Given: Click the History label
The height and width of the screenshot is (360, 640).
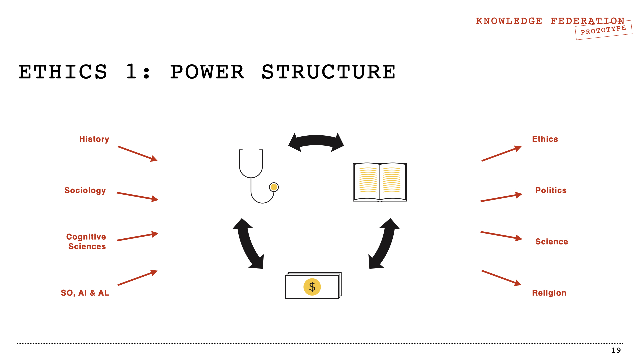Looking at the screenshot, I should pos(94,139).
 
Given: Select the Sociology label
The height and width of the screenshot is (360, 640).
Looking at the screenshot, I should pos(85,190).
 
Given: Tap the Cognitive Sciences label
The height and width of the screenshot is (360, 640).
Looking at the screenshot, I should pos(86,241).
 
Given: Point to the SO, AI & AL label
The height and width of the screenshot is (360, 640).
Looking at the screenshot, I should pos(85,293).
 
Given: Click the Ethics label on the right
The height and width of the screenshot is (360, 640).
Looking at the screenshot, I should pos(545,139).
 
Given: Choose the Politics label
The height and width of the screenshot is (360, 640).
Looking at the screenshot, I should pos(551,190).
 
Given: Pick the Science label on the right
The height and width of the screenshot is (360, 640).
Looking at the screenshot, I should pos(551,242).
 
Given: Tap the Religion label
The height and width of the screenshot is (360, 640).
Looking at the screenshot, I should pos(549,293).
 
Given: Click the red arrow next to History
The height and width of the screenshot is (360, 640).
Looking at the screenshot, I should pos(137,154).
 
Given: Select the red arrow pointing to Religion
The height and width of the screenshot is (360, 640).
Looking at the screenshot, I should pos(501,278).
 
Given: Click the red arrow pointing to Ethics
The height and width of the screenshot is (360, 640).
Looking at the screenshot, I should pos(501,154).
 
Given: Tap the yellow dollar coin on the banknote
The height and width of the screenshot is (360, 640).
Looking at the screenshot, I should pos(312,287).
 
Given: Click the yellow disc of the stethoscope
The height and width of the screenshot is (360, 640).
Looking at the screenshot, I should pos(274,187).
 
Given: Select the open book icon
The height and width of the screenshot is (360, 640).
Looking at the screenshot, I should pos(380,182).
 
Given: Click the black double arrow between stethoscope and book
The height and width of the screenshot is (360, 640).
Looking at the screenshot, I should pos(316,141).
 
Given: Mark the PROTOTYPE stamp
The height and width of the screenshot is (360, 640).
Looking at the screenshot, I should pos(603,30).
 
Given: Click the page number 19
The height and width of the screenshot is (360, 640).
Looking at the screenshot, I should pos(616,350).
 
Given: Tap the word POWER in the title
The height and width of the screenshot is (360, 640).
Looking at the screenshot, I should pos(207,72).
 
